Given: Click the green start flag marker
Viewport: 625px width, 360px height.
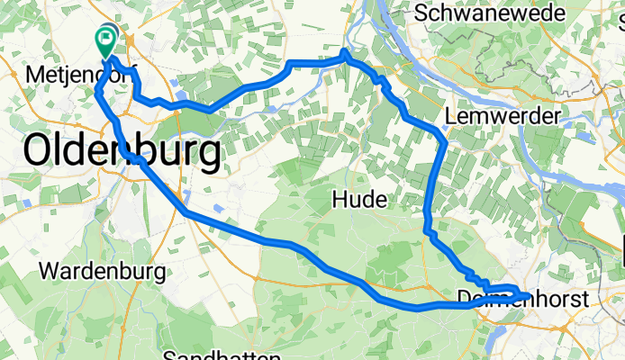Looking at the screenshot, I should coord(105,38).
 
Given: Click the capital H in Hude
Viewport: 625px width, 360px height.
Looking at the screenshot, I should coord(340,199).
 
